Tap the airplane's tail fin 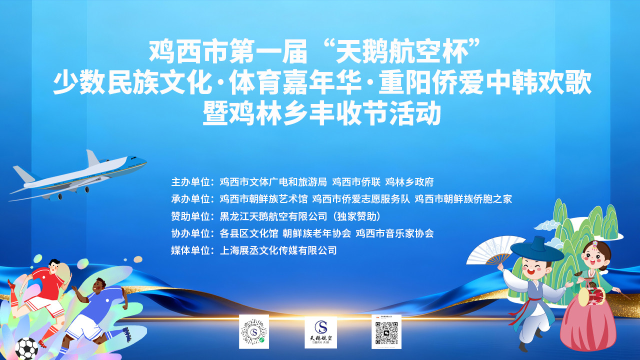pyautogui.click(x=92, y=159)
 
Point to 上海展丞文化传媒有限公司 pyautogui.click(x=278, y=250)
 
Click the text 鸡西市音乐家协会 pyautogui.click(x=394, y=233)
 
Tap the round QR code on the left pyautogui.click(x=254, y=331)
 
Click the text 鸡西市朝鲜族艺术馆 pyautogui.click(x=264, y=199)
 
